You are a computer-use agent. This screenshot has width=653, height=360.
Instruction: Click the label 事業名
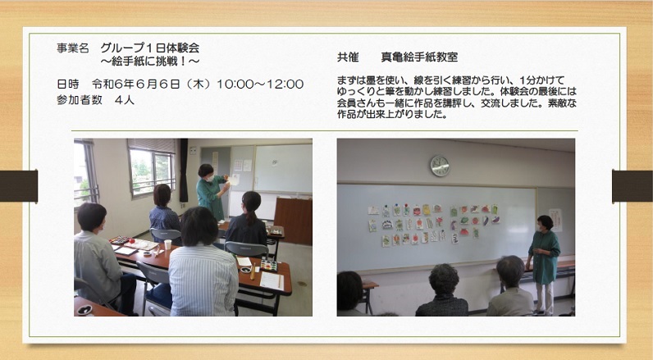pyautogui.click(x=73, y=48)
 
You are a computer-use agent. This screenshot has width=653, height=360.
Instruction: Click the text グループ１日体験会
pyautogui.click(x=150, y=48)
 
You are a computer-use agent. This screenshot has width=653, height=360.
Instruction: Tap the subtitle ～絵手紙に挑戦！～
pyautogui.click(x=150, y=62)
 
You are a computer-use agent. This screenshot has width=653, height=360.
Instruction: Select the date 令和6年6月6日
pyautogui.click(x=136, y=84)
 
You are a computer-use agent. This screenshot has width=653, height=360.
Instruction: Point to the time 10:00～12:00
pyautogui.click(x=260, y=84)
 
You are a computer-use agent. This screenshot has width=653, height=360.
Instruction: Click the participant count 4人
pyautogui.click(x=125, y=100)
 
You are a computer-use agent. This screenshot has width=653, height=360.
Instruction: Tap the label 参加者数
pyautogui.click(x=80, y=100)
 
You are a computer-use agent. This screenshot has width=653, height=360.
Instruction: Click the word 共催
pyautogui.click(x=348, y=57)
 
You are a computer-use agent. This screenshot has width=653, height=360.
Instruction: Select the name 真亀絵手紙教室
pyautogui.click(x=419, y=57)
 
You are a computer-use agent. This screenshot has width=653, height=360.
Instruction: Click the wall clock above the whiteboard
pyautogui.click(x=440, y=166)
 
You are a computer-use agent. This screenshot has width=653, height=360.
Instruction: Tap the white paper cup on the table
pyautogui.click(x=168, y=244)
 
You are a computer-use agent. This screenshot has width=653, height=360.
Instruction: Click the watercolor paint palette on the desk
pyautogui.click(x=268, y=264)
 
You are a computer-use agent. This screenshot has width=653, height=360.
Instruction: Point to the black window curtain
pyautogui.click(x=184, y=171)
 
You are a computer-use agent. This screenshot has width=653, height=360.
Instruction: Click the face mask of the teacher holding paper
pyautogui.click(x=210, y=178)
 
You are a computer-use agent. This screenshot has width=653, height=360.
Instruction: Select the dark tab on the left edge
pyautogui.click(x=19, y=186)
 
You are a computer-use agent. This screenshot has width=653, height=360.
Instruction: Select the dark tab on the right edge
pyautogui.click(x=632, y=186)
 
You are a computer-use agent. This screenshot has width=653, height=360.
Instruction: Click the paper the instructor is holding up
pyautogui.click(x=234, y=180)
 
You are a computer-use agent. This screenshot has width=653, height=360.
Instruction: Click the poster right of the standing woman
pyautogui.click(x=555, y=220)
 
